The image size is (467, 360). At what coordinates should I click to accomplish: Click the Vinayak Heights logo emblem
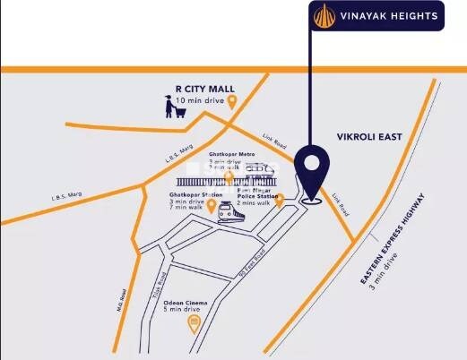[x=324, y=15]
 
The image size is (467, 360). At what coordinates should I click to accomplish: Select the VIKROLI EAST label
[x=369, y=137]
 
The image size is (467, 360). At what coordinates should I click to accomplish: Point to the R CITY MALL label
[x=204, y=89]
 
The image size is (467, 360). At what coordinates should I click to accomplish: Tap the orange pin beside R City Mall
[x=232, y=102]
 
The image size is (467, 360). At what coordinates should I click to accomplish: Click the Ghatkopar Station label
[x=195, y=194]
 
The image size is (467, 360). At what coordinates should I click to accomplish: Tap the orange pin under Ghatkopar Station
[x=212, y=208]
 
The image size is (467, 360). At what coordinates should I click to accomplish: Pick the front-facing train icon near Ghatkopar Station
[x=227, y=211]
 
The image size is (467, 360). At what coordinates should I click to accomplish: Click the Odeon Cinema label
[x=185, y=303]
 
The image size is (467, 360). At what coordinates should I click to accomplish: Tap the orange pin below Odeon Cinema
[x=193, y=324]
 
